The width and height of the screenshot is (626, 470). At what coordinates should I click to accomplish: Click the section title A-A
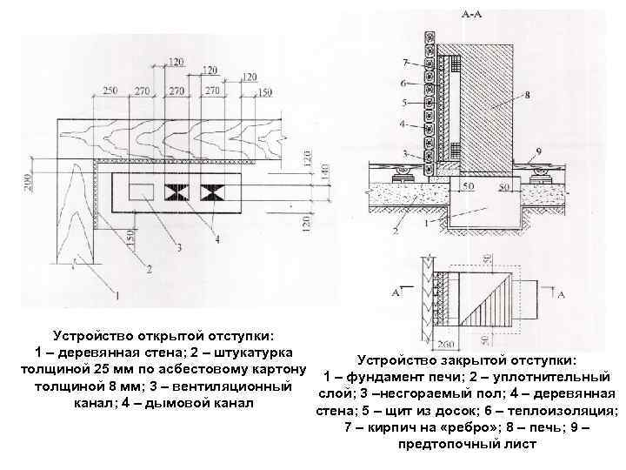tap(471, 15)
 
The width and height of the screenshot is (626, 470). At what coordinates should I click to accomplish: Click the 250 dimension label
tap(110, 91)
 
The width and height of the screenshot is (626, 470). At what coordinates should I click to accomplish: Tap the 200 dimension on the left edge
tap(28, 181)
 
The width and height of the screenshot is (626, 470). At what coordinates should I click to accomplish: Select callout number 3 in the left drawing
tap(179, 249)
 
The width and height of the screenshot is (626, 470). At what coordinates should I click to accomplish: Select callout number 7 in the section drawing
tap(405, 63)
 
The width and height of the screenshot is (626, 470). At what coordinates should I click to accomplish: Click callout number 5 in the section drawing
tap(405, 103)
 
